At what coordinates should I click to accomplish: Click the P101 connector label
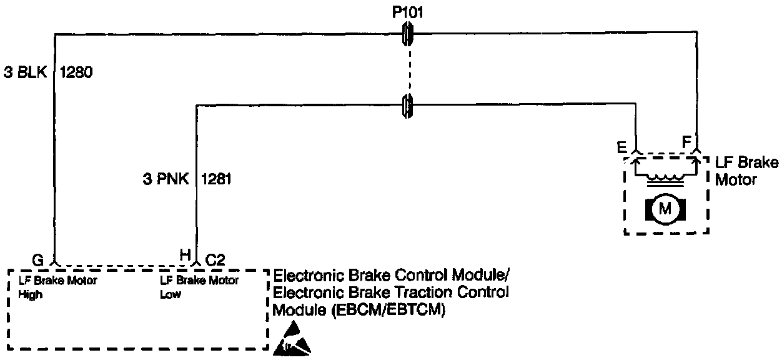(x=408, y=11)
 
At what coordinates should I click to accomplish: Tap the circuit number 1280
(x=76, y=72)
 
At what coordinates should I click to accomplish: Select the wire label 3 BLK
(x=26, y=72)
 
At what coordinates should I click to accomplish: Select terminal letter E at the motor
(x=623, y=147)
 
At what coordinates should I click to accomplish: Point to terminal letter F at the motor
(x=686, y=142)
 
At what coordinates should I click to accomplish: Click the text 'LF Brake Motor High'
(x=57, y=287)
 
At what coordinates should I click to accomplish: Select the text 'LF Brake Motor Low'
(x=199, y=287)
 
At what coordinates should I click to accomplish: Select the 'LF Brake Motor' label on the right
(x=746, y=171)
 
